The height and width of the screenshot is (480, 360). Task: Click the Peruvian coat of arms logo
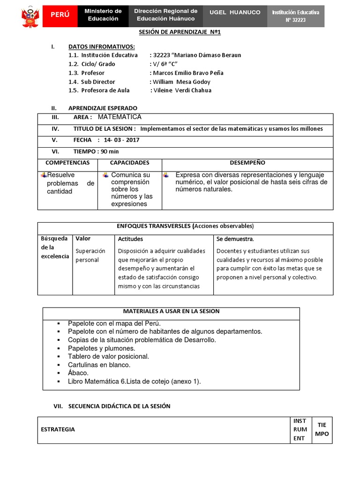31,16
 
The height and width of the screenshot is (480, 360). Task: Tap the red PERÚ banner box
60,15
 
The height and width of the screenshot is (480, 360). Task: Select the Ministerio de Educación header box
103,15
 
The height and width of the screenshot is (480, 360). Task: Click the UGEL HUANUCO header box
235,13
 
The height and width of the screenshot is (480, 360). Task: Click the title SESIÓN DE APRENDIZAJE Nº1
180,32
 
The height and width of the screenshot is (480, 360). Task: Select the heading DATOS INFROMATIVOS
102,46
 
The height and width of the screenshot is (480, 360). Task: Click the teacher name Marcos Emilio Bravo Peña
188,73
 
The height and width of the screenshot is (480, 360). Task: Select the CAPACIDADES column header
129,163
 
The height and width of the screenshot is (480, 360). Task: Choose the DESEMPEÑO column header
247,163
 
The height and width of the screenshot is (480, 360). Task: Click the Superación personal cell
90,255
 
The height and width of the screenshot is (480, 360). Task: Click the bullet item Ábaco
78,373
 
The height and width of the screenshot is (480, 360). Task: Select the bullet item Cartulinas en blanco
99,365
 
